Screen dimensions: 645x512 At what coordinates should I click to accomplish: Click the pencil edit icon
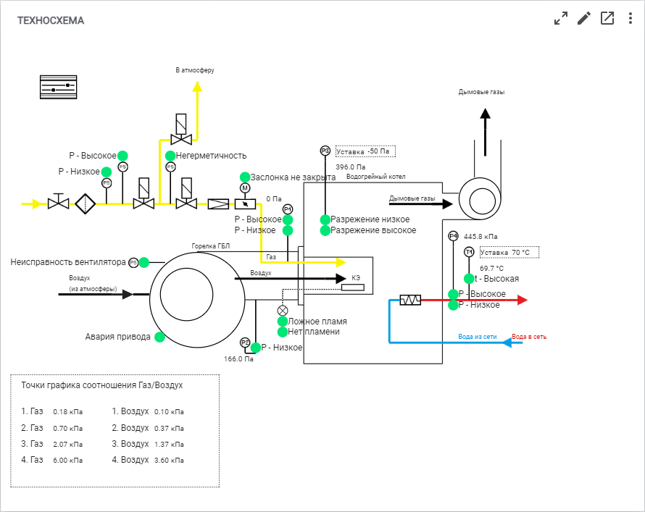[x=583, y=19]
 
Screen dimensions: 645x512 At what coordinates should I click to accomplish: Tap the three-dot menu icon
[x=631, y=19]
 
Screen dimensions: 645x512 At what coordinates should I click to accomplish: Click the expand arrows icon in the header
[x=561, y=19]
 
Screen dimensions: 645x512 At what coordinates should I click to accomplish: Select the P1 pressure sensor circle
[x=288, y=209]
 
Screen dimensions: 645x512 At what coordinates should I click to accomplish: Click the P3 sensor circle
[x=325, y=151]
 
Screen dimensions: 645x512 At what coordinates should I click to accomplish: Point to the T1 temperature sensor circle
[x=469, y=252]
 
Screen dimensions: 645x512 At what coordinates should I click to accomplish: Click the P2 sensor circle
[x=245, y=343]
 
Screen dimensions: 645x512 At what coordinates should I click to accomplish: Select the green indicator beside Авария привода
[x=159, y=337]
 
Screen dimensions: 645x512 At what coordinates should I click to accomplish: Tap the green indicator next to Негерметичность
[x=170, y=156]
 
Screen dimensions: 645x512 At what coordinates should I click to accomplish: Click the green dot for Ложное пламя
[x=283, y=322]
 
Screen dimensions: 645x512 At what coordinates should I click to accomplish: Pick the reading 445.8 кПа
[x=480, y=237]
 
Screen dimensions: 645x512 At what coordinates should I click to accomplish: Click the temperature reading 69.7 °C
[x=491, y=269]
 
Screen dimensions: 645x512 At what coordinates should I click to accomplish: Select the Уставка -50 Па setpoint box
[x=365, y=151]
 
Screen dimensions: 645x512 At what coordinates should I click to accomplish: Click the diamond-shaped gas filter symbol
[x=85, y=203]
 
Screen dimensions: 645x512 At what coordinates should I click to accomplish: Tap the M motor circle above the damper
[x=245, y=188]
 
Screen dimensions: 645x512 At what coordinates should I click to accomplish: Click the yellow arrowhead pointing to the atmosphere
[x=197, y=86]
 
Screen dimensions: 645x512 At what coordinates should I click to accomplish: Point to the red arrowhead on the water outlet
[x=522, y=300]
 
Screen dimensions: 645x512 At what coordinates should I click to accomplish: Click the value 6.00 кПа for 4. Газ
[x=68, y=461]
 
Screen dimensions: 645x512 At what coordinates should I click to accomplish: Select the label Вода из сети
[x=478, y=337]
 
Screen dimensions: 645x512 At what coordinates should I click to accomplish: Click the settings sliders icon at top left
[x=59, y=87]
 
